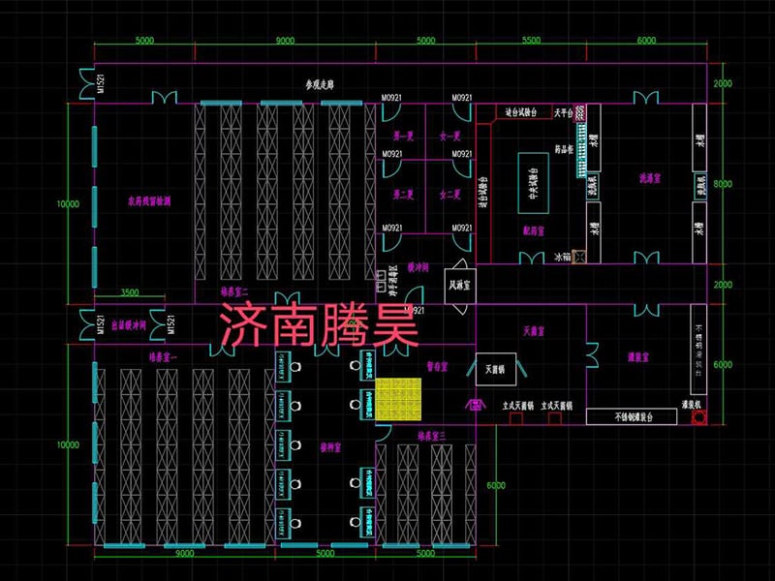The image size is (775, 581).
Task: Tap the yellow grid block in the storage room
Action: (x=399, y=399)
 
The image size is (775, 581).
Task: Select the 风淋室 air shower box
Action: (x=459, y=286)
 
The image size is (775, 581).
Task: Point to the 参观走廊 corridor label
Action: (x=320, y=86)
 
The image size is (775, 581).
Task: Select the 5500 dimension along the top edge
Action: (x=531, y=42)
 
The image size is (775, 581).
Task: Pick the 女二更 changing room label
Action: (x=449, y=195)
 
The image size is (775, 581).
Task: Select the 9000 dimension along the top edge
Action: (x=286, y=42)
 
